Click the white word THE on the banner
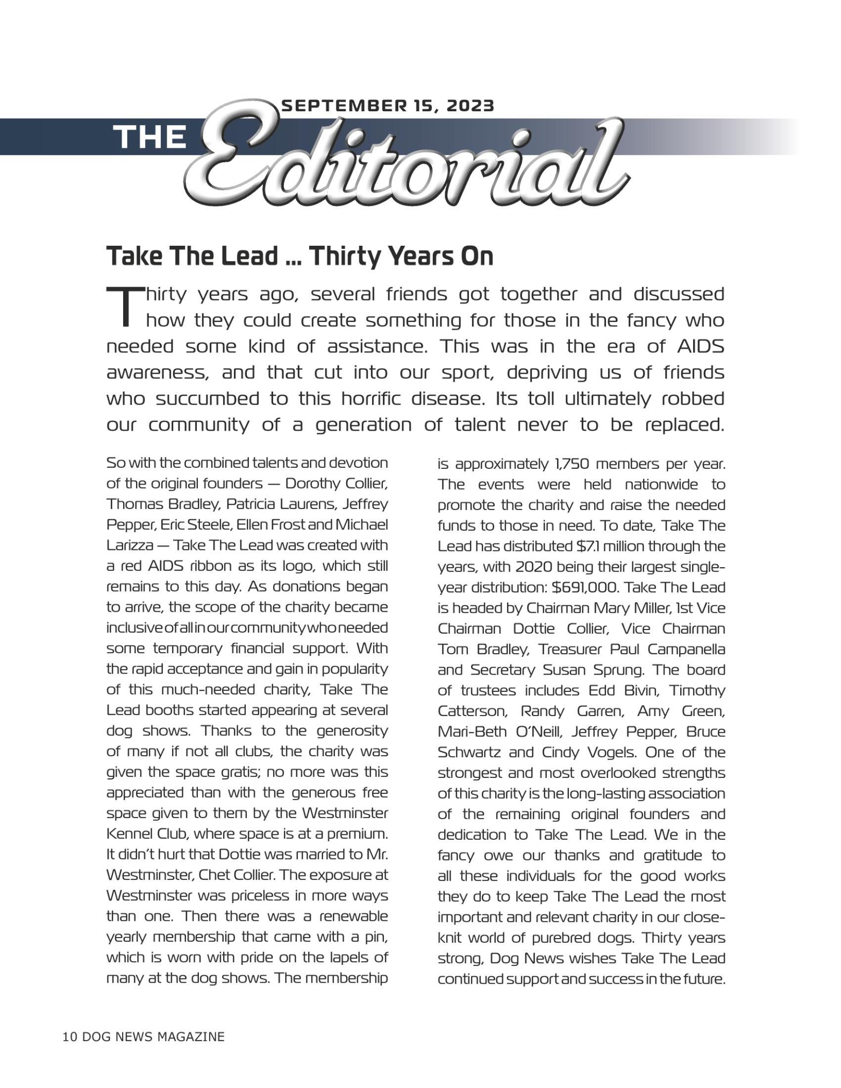click(x=150, y=137)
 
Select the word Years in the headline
click(x=421, y=256)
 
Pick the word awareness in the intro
click(x=156, y=372)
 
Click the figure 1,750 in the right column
click(x=571, y=464)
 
